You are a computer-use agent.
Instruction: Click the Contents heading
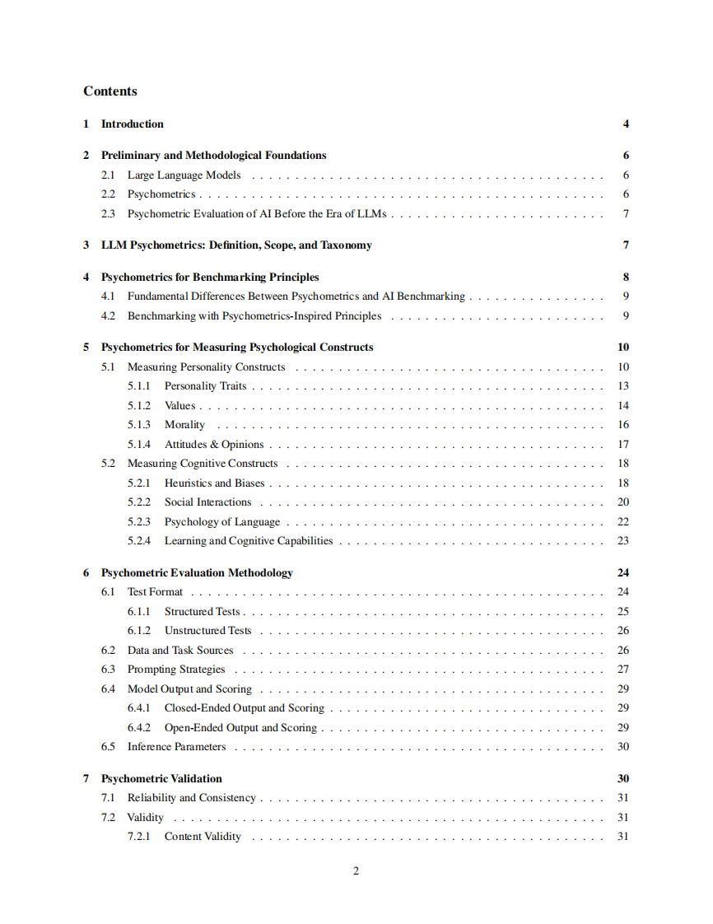tap(110, 91)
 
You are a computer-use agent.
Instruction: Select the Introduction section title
tap(132, 124)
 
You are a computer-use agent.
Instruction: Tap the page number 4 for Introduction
tap(626, 124)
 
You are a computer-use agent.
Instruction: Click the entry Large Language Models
tap(184, 175)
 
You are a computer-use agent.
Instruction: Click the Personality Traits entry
tap(205, 386)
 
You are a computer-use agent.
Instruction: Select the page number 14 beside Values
tap(623, 406)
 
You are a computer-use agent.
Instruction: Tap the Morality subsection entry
tap(184, 425)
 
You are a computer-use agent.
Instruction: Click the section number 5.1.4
tap(139, 445)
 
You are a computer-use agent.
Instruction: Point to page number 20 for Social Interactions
tap(623, 502)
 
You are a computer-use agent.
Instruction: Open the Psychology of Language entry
tap(221, 522)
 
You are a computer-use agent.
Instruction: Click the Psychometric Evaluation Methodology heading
tap(196, 573)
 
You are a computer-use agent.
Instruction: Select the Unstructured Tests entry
tap(207, 631)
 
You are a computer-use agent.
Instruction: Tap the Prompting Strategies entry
tap(175, 670)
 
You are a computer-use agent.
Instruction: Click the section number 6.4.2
tap(139, 728)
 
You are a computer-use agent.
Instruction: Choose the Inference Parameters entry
tap(176, 747)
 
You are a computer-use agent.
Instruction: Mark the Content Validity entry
tap(203, 837)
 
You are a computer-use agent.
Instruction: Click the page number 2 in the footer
tap(356, 871)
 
